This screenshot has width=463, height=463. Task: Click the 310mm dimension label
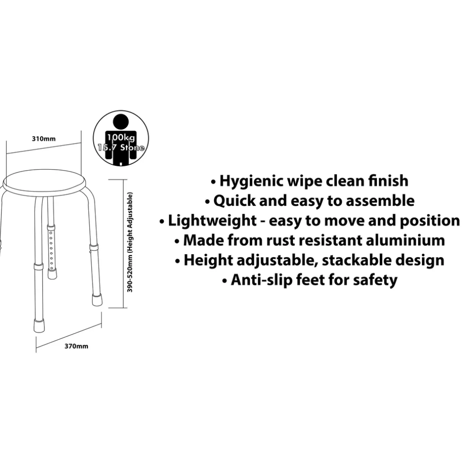coord(43,139)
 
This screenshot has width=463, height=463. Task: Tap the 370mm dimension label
coord(76,346)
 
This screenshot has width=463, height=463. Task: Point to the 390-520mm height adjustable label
coord(129,242)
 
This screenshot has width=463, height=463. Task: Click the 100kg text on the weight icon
coord(121,137)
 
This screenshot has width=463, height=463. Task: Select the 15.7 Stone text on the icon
coord(121,147)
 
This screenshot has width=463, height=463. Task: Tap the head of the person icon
coord(121,122)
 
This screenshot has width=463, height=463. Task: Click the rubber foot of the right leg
coord(97,299)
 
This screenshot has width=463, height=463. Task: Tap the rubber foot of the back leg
coord(52,274)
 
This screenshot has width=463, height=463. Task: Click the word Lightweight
coord(212,221)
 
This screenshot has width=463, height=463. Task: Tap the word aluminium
coord(405,240)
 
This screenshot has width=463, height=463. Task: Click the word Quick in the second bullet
coord(234,201)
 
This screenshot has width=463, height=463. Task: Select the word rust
coord(279,240)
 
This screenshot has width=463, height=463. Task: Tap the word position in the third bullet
coord(429,221)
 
